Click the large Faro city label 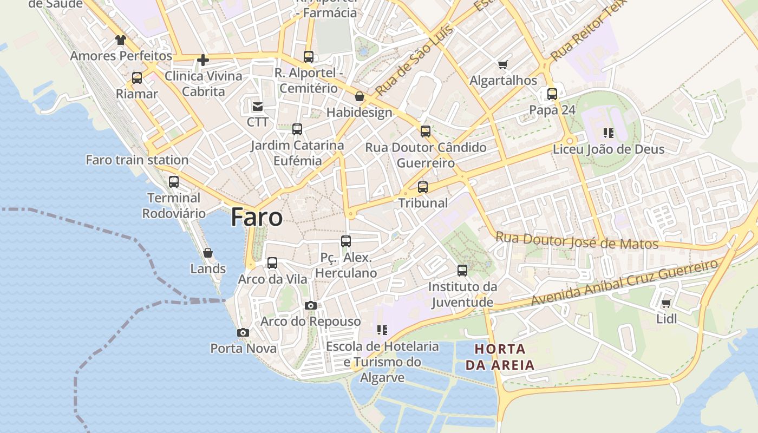point(257,217)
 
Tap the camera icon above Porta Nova point(243,332)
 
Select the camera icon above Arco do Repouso point(310,305)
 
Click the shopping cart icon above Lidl point(666,303)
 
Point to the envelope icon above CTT point(257,106)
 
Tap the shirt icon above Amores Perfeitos point(120,40)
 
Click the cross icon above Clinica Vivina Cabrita point(203,60)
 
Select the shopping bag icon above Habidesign point(359,97)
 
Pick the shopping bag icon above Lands point(207,253)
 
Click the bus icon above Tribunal point(423,187)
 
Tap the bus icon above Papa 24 point(552,94)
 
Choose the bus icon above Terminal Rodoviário point(174,182)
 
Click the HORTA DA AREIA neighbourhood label point(500,357)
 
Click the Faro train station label point(137,160)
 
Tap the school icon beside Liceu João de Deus point(608,133)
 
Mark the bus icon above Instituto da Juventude point(462,271)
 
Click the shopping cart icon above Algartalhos point(503,65)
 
